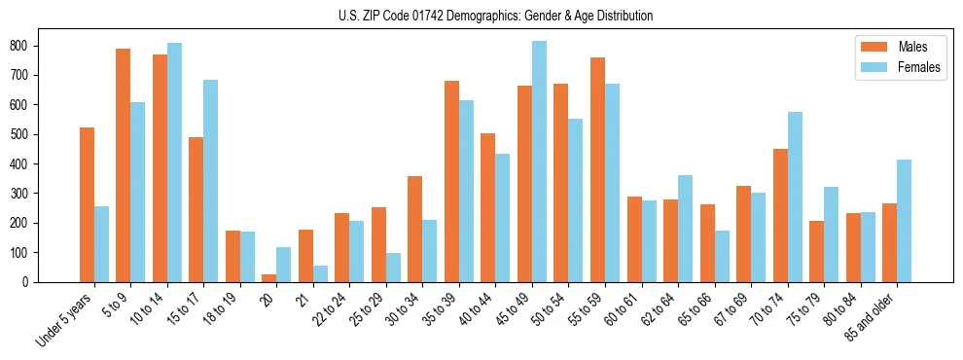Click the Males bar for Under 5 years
click(87, 204)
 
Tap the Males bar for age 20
click(269, 278)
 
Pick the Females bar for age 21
click(320, 273)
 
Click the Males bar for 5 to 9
click(124, 165)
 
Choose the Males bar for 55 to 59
click(597, 169)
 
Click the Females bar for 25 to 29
click(393, 268)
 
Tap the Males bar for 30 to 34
click(415, 229)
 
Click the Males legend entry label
click(912, 47)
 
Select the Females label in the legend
click(919, 67)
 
